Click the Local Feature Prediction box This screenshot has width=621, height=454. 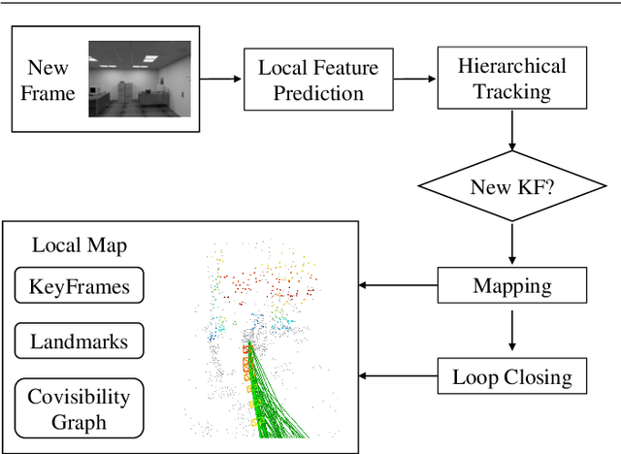318,81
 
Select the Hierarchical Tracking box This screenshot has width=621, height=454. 511,80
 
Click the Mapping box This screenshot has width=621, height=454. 511,286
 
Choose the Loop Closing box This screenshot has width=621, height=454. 511,375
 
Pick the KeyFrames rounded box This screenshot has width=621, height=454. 80,286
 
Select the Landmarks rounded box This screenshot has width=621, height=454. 80,341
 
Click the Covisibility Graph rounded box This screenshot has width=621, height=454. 80,408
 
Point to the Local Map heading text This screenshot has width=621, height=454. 80,245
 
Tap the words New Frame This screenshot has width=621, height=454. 49,81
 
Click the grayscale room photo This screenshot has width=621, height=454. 140,81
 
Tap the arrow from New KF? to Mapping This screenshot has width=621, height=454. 511,244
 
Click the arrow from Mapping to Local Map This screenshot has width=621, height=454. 398,286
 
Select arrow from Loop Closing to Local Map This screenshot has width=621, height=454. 398,375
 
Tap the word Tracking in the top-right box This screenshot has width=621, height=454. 511,92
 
